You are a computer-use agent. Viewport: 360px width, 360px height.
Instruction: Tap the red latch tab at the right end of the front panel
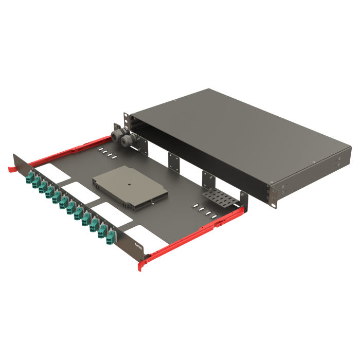click(x=141, y=266)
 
